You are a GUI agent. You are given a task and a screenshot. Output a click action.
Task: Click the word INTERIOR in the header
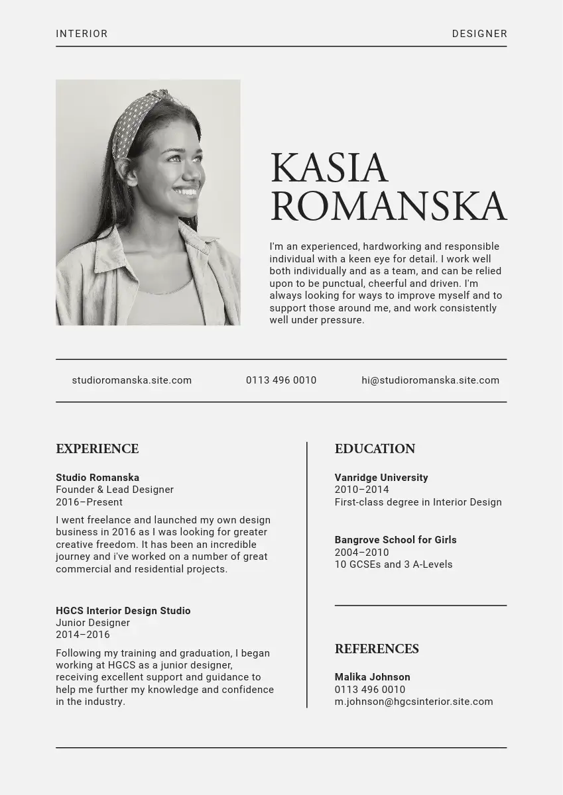tap(82, 34)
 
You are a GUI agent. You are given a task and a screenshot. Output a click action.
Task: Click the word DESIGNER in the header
tap(479, 34)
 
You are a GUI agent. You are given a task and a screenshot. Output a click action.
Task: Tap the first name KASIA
tap(329, 168)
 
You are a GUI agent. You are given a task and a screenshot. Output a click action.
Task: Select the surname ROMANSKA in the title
tap(388, 207)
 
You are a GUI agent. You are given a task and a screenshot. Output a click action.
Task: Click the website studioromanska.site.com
tap(131, 380)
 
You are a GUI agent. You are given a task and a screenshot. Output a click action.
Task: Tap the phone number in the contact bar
tap(281, 380)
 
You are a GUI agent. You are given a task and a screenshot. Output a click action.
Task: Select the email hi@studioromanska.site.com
tap(430, 380)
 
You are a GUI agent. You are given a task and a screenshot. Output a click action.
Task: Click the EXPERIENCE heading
tap(97, 449)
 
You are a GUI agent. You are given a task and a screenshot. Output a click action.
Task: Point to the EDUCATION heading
tap(375, 449)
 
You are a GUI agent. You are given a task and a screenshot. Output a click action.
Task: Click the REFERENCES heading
tap(377, 649)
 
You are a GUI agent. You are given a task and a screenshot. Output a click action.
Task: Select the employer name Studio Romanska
tap(97, 478)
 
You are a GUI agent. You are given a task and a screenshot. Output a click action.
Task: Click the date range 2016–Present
tap(89, 502)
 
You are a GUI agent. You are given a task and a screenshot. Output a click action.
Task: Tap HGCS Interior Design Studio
tap(123, 611)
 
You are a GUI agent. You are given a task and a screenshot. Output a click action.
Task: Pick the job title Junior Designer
tap(93, 623)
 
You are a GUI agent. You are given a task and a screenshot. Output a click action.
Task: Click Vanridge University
tap(381, 478)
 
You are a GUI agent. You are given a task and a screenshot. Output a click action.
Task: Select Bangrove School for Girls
tap(395, 540)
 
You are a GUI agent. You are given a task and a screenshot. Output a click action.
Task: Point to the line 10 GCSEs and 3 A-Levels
tap(393, 564)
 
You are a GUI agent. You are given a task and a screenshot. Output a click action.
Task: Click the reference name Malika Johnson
tap(372, 677)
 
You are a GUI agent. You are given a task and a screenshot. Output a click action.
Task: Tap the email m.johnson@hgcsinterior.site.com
tap(414, 702)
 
